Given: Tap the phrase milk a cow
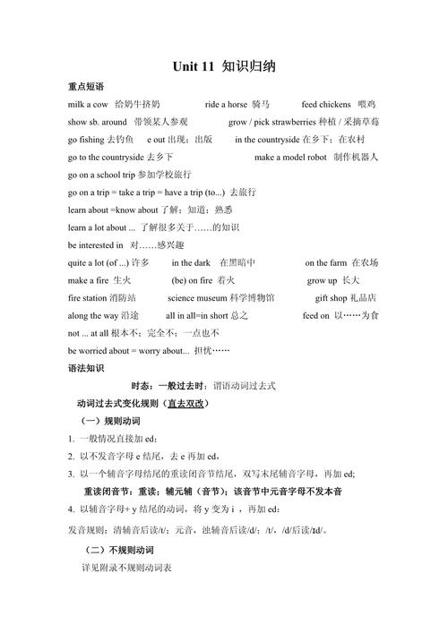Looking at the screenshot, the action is [x=88, y=105].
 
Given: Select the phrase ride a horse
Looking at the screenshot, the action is [x=225, y=105].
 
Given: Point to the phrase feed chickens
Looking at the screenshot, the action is [x=324, y=105].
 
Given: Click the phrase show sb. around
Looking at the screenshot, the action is [x=97, y=122].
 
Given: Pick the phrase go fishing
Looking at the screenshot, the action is [x=86, y=140].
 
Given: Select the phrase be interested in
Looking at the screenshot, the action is [x=96, y=244].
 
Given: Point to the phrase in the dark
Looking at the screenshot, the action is [x=191, y=262].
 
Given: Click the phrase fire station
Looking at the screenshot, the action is [x=87, y=297].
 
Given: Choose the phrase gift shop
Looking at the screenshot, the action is [x=332, y=297].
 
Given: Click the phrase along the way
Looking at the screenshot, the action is [x=90, y=315].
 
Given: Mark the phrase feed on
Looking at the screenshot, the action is [x=316, y=315].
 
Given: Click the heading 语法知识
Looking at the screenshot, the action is [x=85, y=368].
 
